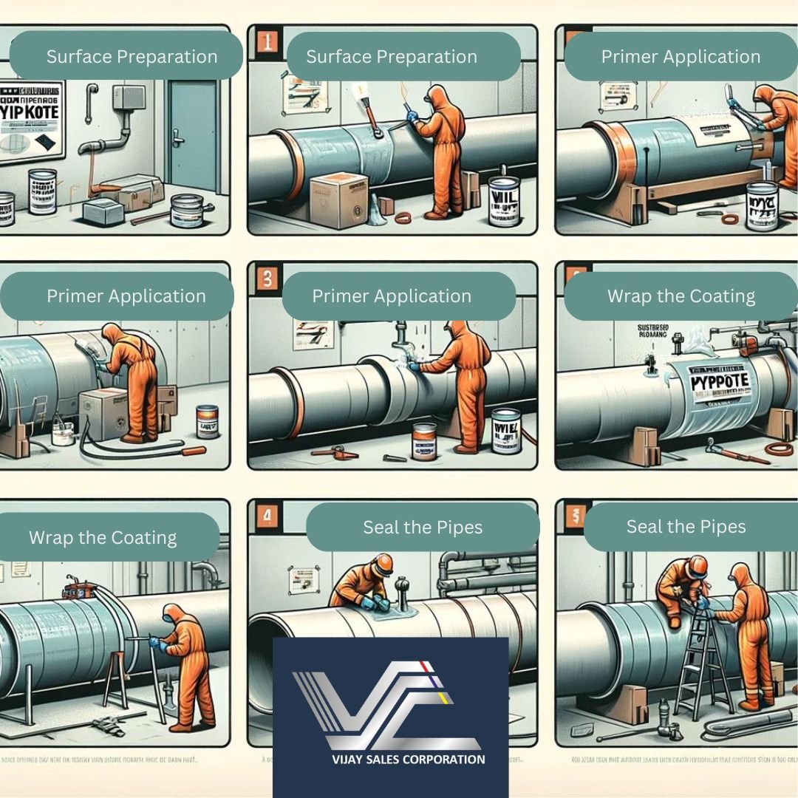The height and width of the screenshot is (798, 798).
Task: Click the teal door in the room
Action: (x=193, y=140)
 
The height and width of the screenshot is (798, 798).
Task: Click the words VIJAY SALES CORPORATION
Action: (x=390, y=759)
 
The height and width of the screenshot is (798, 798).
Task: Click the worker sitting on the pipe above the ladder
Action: (x=679, y=587)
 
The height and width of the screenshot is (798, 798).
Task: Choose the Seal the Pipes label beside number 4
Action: (x=423, y=528)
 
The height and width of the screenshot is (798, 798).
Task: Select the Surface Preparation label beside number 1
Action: (x=392, y=57)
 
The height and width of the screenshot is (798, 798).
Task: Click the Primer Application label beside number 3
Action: (x=392, y=296)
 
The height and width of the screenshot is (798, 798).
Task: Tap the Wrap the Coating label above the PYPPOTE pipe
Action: (x=681, y=296)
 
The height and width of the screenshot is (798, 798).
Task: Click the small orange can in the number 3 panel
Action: (x=424, y=441)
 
